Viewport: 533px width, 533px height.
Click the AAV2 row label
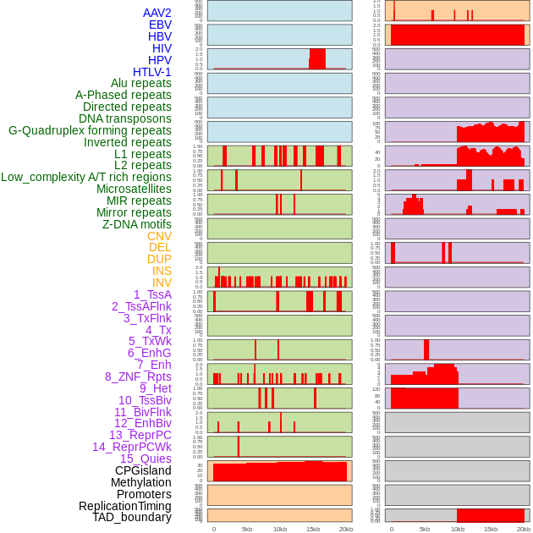(157, 13)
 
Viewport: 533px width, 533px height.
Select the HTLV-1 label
(152, 72)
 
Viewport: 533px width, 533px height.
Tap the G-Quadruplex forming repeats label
(90, 130)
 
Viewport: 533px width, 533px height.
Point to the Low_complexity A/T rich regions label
(86, 177)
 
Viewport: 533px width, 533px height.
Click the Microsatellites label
(134, 189)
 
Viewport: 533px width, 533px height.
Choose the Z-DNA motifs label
(137, 224)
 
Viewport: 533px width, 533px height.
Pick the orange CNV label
(159, 236)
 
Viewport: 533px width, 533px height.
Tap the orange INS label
(162, 271)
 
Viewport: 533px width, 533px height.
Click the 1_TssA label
(152, 294)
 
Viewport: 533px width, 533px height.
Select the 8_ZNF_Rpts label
(138, 376)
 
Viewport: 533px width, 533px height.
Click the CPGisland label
(143, 470)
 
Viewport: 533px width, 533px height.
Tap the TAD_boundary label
(132, 517)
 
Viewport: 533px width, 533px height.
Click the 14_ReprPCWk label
(132, 447)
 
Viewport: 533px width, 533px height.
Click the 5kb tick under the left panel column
(247, 529)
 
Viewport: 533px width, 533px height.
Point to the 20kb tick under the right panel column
(524, 529)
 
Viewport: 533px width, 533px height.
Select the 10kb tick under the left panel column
(280, 529)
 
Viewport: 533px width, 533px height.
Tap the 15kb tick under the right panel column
(491, 529)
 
